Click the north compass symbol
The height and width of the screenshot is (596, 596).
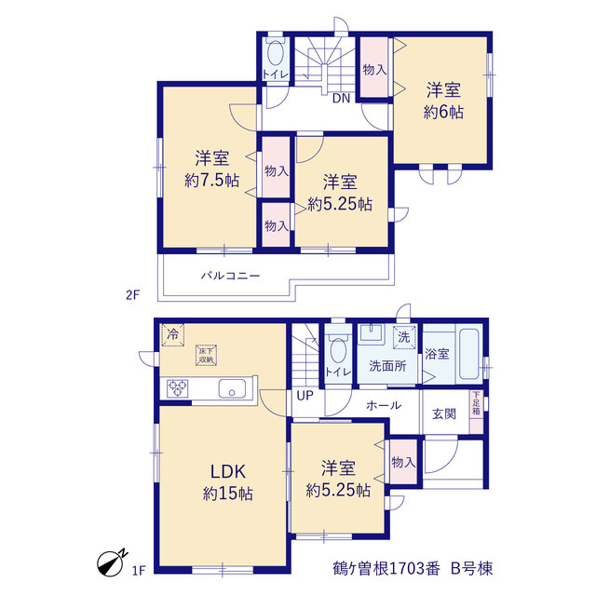pyautogui.click(x=110, y=562)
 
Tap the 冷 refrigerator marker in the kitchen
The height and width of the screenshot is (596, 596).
pyautogui.click(x=172, y=335)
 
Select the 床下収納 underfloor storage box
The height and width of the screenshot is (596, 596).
pyautogui.click(x=207, y=356)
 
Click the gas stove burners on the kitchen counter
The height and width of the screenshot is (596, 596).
pyautogui.click(x=178, y=388)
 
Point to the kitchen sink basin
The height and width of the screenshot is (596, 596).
pyautogui.click(x=232, y=388)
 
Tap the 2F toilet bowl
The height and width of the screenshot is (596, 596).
pyautogui.click(x=275, y=52)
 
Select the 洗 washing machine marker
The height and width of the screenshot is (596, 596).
pyautogui.click(x=403, y=337)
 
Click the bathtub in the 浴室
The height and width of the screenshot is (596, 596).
pyautogui.click(x=468, y=354)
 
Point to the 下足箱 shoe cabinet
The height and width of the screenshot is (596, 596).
pyautogui.click(x=476, y=412)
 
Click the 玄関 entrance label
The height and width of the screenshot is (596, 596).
pyautogui.click(x=444, y=413)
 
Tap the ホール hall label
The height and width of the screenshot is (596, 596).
pyautogui.click(x=384, y=405)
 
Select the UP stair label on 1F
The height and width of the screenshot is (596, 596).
pyautogui.click(x=305, y=396)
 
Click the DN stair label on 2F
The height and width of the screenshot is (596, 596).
pyautogui.click(x=341, y=99)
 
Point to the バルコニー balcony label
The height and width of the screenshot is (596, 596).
pyautogui.click(x=230, y=276)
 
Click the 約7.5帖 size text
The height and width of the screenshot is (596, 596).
pyautogui.click(x=211, y=180)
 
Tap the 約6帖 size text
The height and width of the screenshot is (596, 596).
pyautogui.click(x=443, y=112)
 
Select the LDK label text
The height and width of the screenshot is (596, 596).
pyautogui.click(x=228, y=472)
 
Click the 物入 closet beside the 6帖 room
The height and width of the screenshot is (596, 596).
pyautogui.click(x=374, y=67)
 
